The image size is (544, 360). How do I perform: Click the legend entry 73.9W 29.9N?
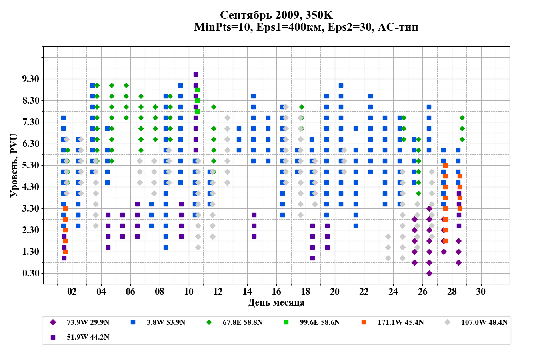point(88,322)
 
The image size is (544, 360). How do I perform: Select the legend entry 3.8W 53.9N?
point(166,322)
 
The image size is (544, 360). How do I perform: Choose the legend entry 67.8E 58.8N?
point(242,322)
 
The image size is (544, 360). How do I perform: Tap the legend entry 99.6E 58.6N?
point(320,322)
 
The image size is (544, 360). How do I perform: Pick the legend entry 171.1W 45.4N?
point(400,322)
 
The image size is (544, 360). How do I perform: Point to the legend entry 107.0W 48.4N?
point(484,322)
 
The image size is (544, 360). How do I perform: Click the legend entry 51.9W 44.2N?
point(88,337)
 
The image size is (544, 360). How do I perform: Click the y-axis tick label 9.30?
point(31,79)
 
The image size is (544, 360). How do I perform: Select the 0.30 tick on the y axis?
point(31,273)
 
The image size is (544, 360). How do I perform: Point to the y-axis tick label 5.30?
point(31,165)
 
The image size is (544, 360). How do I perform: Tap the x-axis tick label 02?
point(72,292)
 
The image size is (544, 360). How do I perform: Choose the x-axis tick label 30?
point(481,292)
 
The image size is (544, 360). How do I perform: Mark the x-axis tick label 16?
point(276,292)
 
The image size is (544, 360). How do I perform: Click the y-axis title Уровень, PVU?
point(14,165)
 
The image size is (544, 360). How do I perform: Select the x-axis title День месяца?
point(276,302)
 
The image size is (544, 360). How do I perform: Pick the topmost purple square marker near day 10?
point(196,74)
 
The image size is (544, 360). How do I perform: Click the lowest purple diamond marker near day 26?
point(429,273)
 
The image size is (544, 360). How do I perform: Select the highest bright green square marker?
point(197,90)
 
